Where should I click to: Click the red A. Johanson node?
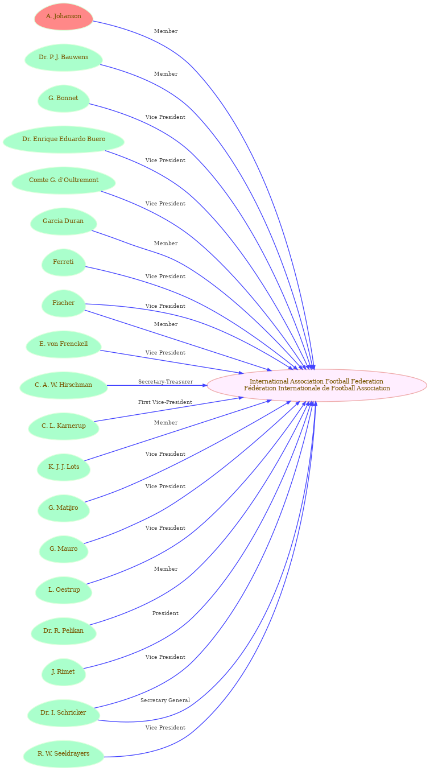coord(64,17)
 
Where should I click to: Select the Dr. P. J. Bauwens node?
coord(64,57)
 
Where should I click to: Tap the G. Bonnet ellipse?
coord(64,98)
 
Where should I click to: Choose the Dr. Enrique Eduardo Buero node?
coord(64,139)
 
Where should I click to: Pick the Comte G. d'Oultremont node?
coord(64,180)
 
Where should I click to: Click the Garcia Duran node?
coord(64,221)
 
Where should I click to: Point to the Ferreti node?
coord(64,262)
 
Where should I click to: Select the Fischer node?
coord(64,303)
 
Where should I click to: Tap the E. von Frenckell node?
coord(64,344)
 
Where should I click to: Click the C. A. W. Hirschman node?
coord(64,385)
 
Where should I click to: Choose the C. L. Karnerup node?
coord(64,426)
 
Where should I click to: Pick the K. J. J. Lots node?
coord(64,467)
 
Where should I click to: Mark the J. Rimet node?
coord(64,672)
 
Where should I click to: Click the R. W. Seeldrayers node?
coord(64,754)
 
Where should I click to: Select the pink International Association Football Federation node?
coord(317,385)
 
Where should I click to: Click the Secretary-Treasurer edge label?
coord(166,382)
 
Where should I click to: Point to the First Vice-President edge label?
coord(165,402)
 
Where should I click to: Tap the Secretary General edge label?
coord(165,700)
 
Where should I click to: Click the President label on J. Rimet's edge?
coord(166,613)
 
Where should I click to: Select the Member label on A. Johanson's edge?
coord(166,31)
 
